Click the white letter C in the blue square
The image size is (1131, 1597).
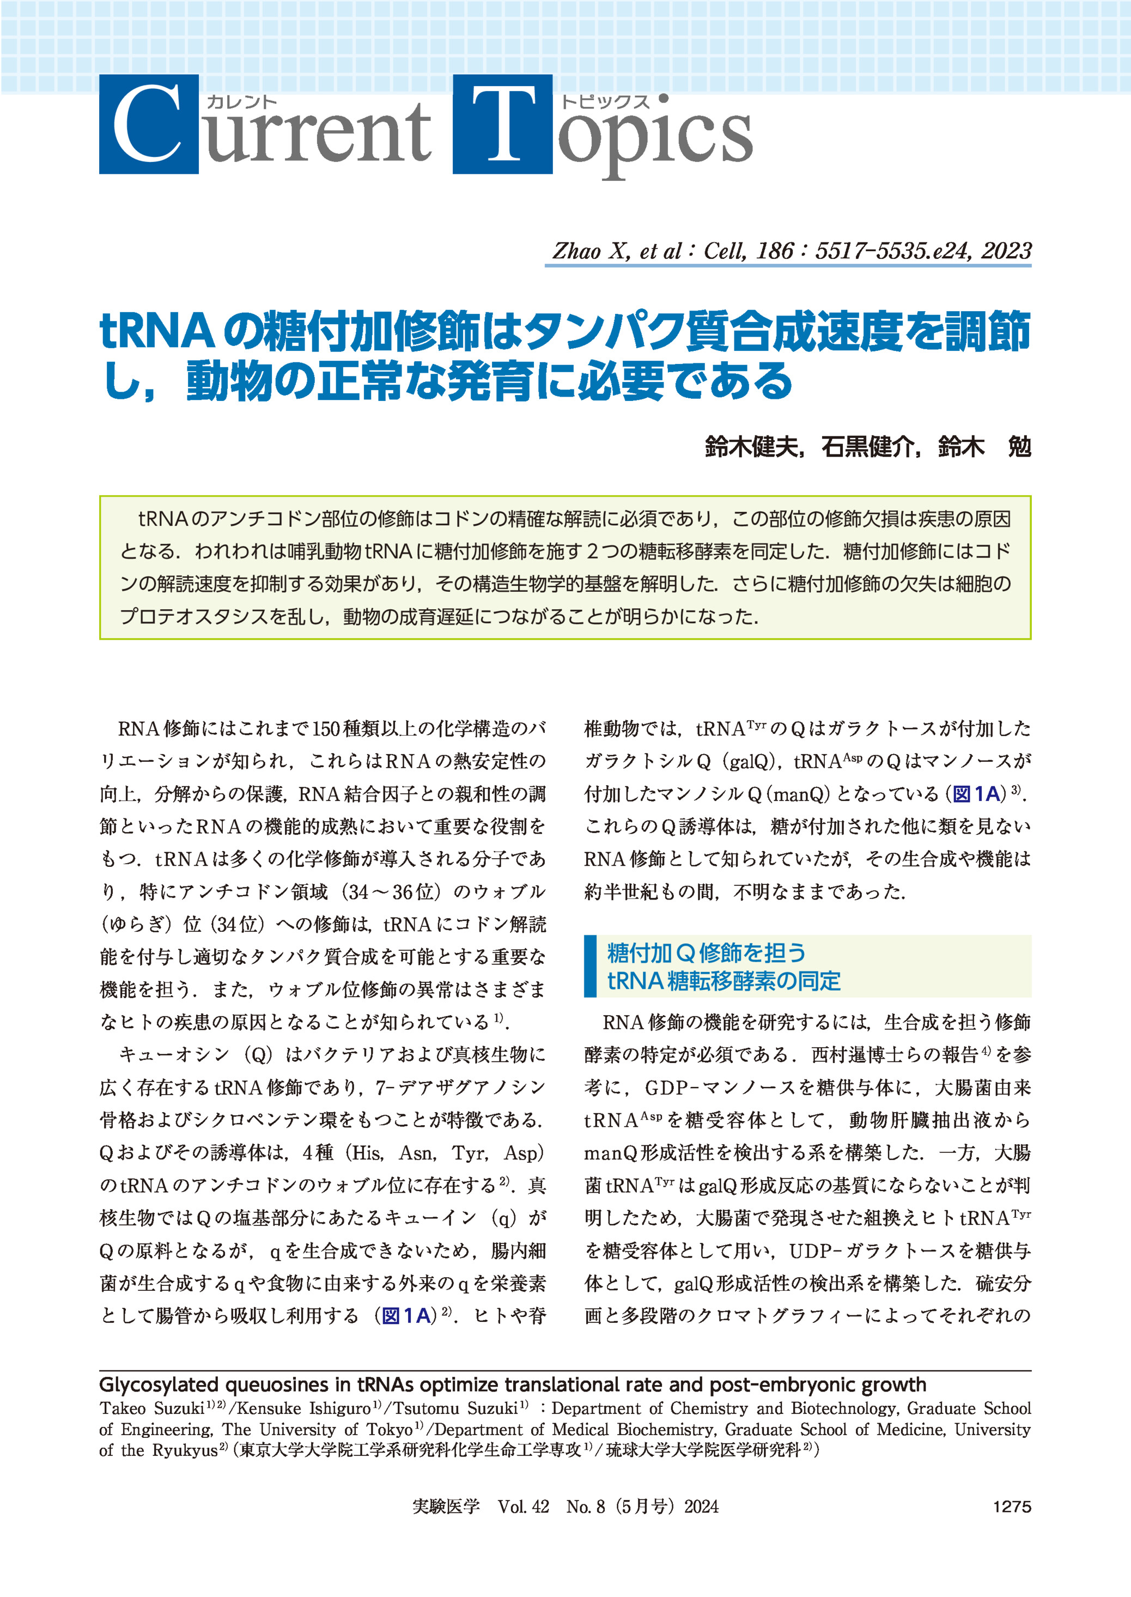point(148,124)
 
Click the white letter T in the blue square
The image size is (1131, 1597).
point(502,124)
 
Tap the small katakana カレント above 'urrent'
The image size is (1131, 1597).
point(242,102)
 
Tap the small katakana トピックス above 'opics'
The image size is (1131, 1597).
point(605,102)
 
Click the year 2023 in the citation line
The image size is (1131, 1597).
point(1006,251)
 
